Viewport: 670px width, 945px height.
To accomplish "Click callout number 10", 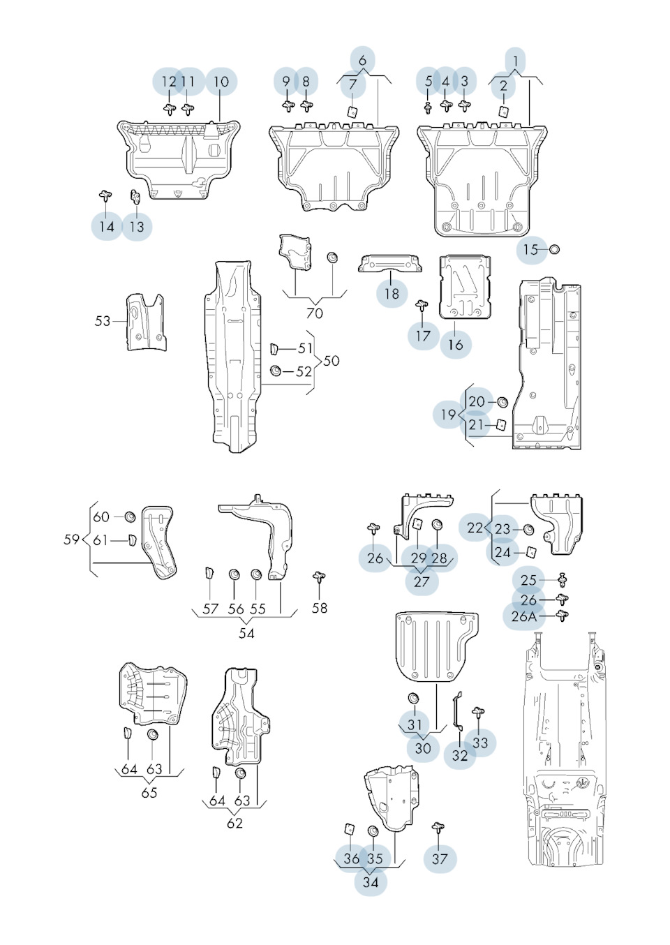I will [x=221, y=82].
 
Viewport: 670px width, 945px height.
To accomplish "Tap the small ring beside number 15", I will [x=555, y=249].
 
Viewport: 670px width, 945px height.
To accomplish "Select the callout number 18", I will [x=392, y=293].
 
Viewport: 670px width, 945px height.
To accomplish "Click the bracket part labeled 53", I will [x=145, y=322].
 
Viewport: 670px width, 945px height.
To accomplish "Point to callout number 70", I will [x=315, y=313].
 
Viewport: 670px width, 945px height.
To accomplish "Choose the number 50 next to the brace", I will [x=331, y=361].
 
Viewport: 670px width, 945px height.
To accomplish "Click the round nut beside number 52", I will [x=276, y=371].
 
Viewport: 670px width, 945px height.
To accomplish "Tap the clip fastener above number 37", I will [x=438, y=828].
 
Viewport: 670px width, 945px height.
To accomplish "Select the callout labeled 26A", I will [x=523, y=616].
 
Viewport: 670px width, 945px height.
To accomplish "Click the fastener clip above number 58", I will [x=320, y=577].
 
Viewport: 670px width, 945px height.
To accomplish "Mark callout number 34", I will [x=371, y=881].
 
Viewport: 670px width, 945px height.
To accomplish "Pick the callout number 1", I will [x=515, y=61].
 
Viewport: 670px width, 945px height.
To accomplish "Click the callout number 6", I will [x=362, y=61].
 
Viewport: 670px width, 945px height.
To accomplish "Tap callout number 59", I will [x=71, y=540].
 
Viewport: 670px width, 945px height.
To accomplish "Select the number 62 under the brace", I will [x=234, y=823].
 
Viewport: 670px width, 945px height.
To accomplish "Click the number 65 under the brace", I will [x=149, y=792].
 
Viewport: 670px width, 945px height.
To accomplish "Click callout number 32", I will [x=459, y=755].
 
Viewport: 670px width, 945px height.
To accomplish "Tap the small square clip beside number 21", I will [x=500, y=424].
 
